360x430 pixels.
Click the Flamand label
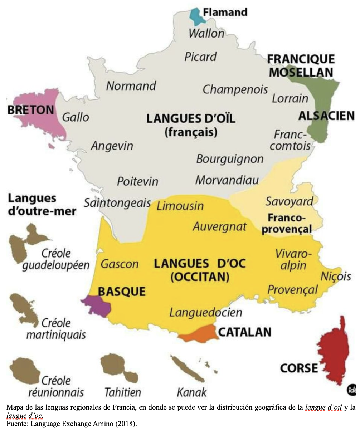click(225, 12)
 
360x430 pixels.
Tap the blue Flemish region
click(195, 15)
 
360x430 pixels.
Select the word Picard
click(200, 57)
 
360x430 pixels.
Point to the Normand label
click(131, 86)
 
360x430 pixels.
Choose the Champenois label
click(235, 89)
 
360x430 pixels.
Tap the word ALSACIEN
click(326, 116)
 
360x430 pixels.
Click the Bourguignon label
click(230, 159)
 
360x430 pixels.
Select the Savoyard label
click(289, 201)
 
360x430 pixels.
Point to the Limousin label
click(180, 206)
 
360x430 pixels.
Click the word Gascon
click(119, 264)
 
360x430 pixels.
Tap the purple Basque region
click(96, 304)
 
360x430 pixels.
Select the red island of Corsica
click(335, 354)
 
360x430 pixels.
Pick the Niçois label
click(336, 277)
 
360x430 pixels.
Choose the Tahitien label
click(123, 392)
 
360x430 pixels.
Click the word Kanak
click(192, 392)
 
